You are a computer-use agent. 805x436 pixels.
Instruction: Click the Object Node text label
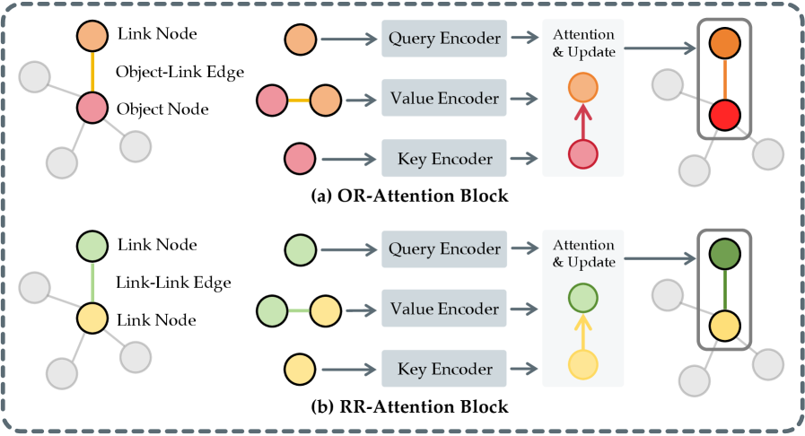(x=163, y=109)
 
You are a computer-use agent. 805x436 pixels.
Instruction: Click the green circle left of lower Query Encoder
(x=300, y=249)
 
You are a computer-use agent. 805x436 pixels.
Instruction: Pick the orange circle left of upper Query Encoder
(x=300, y=39)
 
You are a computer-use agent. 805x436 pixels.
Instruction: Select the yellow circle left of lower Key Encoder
(x=300, y=369)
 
